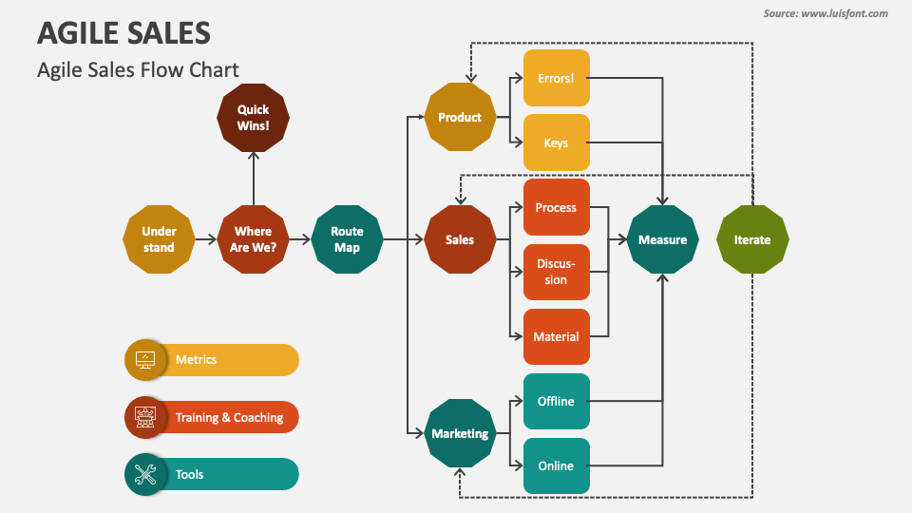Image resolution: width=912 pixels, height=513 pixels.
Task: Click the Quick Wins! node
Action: click(x=253, y=118)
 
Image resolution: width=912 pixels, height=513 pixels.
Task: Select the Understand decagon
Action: click(x=159, y=239)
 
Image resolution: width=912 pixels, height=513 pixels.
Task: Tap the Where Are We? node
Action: click(x=253, y=239)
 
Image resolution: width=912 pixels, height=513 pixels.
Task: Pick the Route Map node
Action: click(x=347, y=239)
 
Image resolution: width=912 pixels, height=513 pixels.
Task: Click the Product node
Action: click(x=460, y=118)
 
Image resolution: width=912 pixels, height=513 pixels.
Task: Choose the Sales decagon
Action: click(x=460, y=239)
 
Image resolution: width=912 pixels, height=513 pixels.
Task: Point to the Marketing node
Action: click(x=460, y=433)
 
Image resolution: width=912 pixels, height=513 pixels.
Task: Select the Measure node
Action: click(x=662, y=239)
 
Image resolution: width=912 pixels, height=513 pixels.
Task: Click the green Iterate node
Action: click(x=751, y=239)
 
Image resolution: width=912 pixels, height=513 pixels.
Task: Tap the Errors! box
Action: click(x=556, y=78)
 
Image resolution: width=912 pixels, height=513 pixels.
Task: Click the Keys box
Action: click(x=556, y=143)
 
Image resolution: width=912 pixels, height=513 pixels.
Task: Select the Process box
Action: click(x=556, y=207)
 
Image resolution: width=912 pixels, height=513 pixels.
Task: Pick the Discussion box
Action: click(x=556, y=272)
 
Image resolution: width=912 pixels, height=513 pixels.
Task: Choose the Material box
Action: click(x=556, y=336)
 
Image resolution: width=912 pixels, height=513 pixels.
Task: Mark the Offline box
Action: click(x=556, y=401)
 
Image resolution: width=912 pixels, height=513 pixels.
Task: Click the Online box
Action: click(x=556, y=465)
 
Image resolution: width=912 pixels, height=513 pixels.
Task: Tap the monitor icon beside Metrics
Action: click(x=146, y=360)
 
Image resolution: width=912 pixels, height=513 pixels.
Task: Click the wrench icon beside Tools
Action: click(x=146, y=474)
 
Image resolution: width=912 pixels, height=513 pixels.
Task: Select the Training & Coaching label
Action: click(x=229, y=417)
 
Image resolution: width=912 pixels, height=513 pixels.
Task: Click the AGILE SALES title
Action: click(x=123, y=33)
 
